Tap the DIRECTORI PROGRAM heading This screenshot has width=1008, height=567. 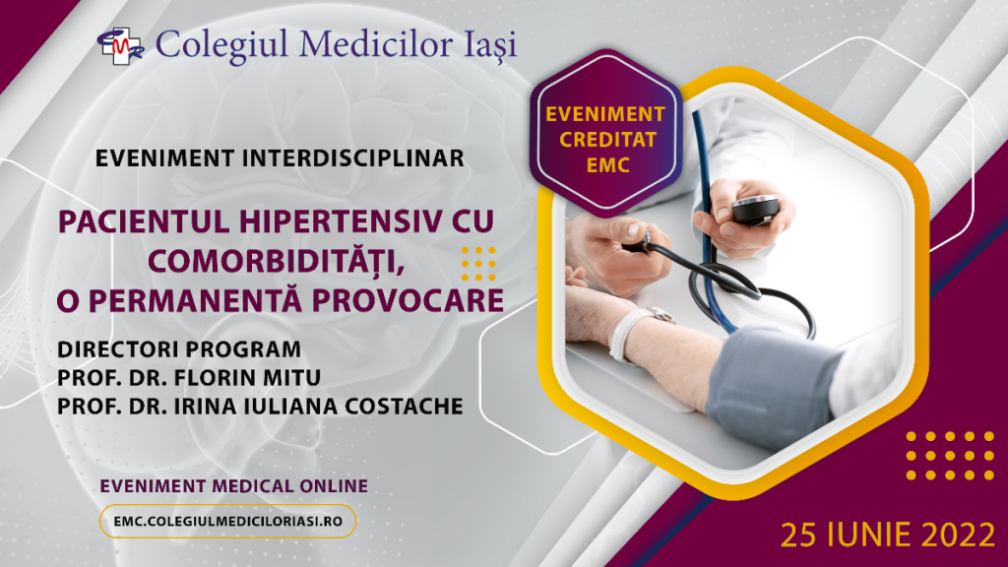(x=178, y=350)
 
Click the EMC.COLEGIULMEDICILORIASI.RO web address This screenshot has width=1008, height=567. (x=227, y=521)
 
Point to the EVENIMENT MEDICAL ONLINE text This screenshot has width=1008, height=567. (x=234, y=485)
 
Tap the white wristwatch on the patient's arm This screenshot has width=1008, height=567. (x=635, y=329)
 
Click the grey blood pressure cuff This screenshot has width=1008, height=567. (x=778, y=379)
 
